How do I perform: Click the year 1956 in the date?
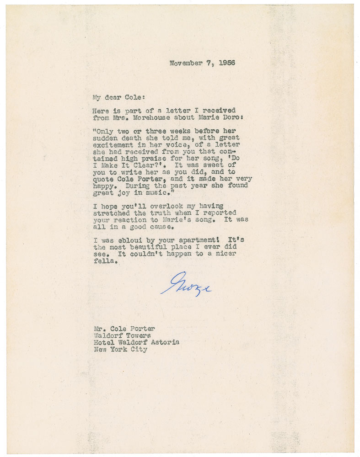tap(226, 63)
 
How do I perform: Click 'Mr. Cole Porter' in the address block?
tap(124, 329)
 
